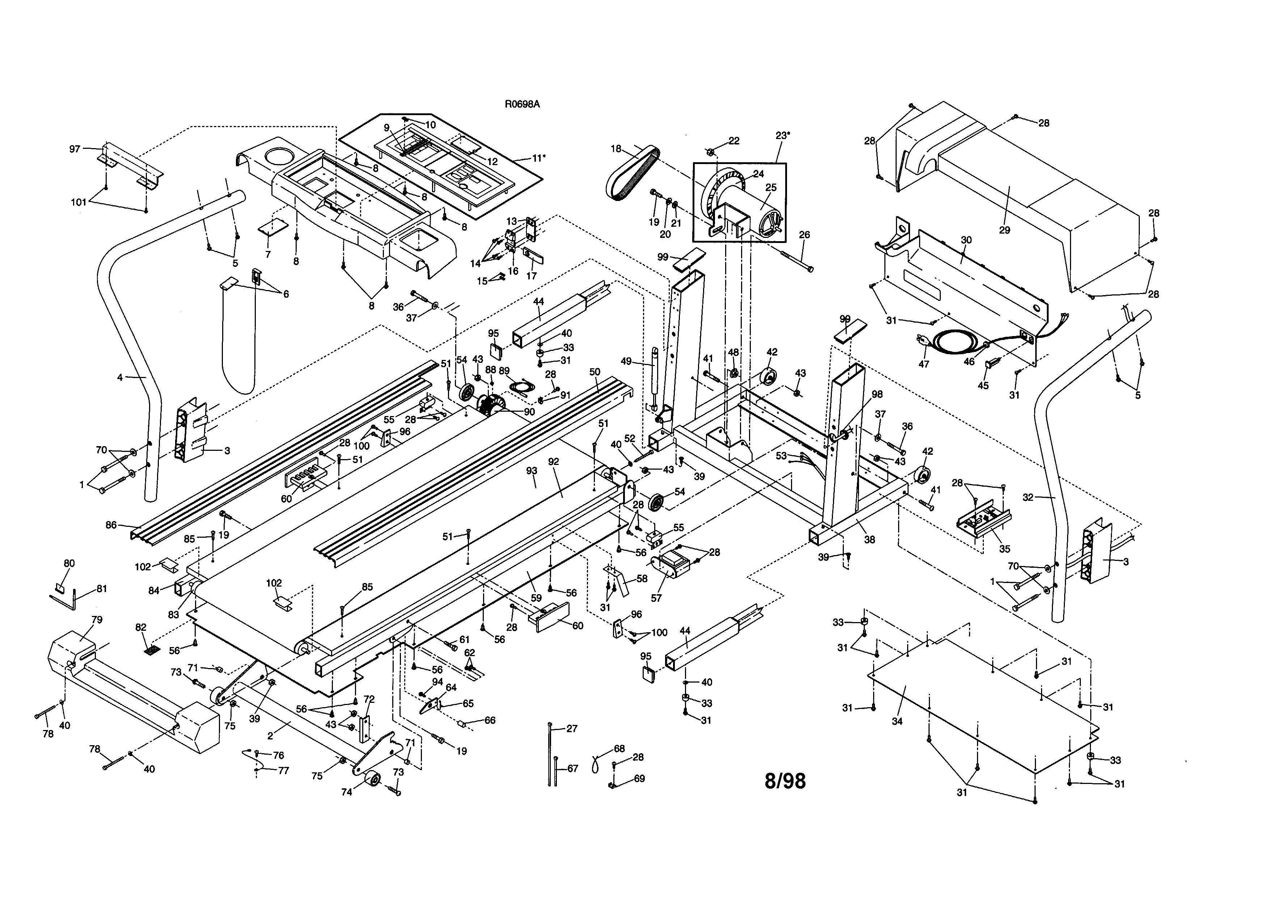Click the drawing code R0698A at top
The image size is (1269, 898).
522,104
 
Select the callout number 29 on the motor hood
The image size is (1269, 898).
1004,230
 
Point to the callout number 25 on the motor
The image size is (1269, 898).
770,188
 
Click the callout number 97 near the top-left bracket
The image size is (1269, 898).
75,149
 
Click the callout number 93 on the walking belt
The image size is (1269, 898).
531,471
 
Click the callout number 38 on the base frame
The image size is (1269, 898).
870,540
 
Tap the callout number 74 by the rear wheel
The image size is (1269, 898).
347,792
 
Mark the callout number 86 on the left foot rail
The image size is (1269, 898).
111,525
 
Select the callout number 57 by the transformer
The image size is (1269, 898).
656,598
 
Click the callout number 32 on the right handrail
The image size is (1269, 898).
1028,497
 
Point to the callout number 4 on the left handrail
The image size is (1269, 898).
120,378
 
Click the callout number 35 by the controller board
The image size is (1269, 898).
1004,549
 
